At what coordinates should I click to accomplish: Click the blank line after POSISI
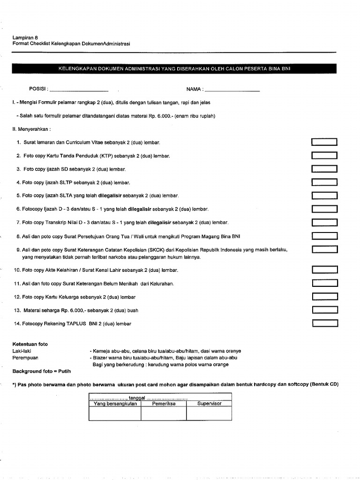79,89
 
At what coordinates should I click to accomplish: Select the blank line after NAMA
232,89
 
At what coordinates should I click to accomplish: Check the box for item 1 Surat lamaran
324,142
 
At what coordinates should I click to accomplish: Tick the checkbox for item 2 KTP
324,156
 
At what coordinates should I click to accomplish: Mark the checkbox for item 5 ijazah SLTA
324,195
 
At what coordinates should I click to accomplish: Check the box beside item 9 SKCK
324,250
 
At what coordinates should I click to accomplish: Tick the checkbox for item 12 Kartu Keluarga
324,296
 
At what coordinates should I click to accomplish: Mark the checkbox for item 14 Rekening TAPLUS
325,323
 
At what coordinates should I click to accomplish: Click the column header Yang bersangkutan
115,403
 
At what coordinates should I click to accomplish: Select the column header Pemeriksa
164,403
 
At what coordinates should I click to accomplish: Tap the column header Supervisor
209,403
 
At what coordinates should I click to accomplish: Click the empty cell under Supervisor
209,413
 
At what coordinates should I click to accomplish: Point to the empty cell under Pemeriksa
164,413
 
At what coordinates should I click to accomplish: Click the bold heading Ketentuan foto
30,344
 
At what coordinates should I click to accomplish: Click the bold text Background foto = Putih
42,371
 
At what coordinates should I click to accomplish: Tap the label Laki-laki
22,351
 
